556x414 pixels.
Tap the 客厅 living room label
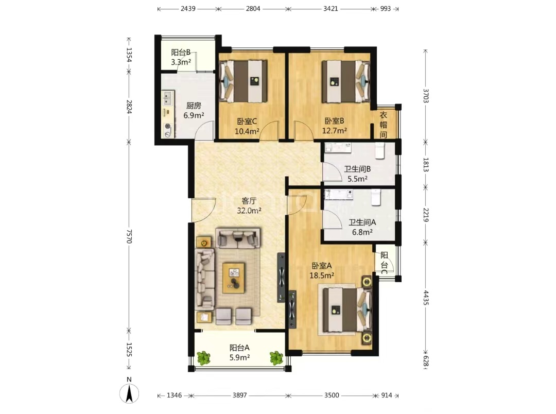(x=249, y=201)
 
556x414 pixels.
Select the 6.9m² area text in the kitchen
(x=194, y=115)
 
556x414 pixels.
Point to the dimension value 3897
(x=240, y=395)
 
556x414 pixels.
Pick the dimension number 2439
(x=188, y=9)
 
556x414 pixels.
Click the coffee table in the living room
(x=233, y=278)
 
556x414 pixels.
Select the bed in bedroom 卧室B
(x=346, y=81)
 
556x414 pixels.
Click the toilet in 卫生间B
(x=379, y=150)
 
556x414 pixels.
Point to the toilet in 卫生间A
(x=376, y=197)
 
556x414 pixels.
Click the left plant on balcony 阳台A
(x=203, y=358)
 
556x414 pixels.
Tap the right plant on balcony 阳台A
(x=276, y=358)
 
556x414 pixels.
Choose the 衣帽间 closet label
(x=384, y=125)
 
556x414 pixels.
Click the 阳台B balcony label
(x=181, y=53)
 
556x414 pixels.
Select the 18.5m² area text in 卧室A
(x=322, y=275)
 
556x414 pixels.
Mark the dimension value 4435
(x=426, y=298)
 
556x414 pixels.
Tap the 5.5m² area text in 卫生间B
(x=357, y=179)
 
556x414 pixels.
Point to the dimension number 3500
(x=332, y=395)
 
